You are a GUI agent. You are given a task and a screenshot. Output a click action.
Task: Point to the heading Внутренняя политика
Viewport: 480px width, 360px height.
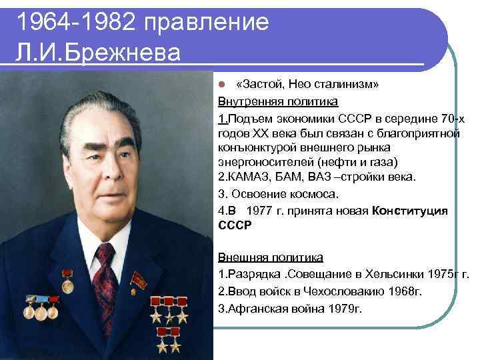(278, 102)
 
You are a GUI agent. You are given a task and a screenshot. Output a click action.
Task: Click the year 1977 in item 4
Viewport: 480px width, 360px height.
(259, 210)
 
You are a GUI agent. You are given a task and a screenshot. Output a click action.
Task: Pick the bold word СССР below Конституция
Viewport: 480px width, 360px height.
(235, 226)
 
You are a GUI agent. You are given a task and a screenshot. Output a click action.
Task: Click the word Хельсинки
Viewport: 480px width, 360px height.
(396, 274)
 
